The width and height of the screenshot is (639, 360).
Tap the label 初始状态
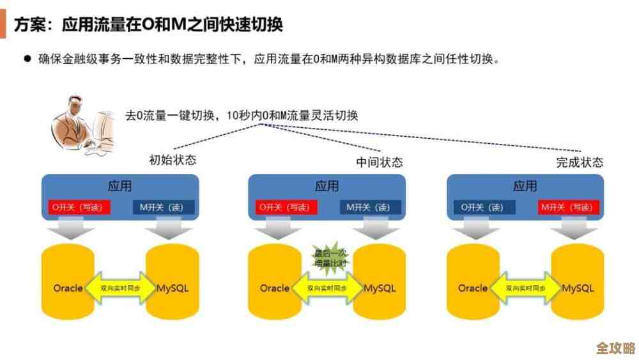[173, 160]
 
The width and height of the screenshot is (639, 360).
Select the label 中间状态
[380, 162]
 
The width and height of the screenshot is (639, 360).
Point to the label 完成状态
[580, 162]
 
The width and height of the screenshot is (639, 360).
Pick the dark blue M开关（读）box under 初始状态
[163, 207]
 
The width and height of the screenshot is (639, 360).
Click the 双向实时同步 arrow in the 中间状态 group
[327, 288]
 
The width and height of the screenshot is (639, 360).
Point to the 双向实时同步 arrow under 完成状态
[526, 288]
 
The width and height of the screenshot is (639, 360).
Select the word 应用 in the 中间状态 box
[327, 187]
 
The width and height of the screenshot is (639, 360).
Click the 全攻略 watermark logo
[615, 348]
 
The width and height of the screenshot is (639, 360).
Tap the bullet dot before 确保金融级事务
[27, 59]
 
